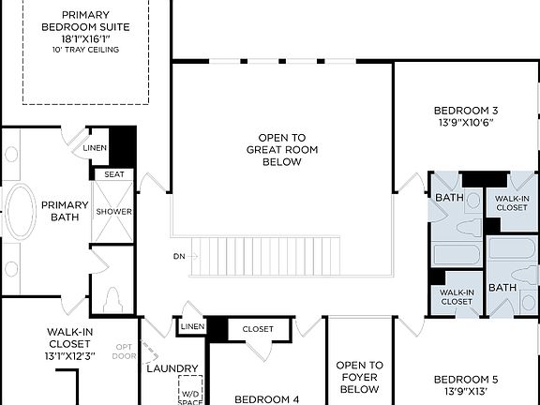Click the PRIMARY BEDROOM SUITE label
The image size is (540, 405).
[85, 21]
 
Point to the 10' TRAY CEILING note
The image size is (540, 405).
[85, 49]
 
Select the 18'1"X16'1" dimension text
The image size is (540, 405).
[85, 37]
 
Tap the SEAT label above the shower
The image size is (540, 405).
[113, 174]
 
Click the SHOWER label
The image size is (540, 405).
[113, 211]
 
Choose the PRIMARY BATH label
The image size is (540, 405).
[65, 211]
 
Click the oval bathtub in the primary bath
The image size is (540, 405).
[18, 211]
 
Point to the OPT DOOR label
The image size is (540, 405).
[124, 351]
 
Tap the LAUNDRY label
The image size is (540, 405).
[172, 368]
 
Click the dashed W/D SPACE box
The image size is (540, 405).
[190, 391]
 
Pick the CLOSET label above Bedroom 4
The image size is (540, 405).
[258, 329]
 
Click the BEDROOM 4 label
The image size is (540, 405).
[266, 398]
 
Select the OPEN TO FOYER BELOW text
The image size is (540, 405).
[359, 377]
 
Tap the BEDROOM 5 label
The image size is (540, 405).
[466, 380]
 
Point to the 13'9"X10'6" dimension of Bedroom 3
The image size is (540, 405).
[466, 122]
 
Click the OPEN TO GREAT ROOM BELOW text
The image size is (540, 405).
[281, 149]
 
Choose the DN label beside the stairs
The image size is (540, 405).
[179, 255]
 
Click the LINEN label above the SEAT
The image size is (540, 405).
[95, 148]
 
